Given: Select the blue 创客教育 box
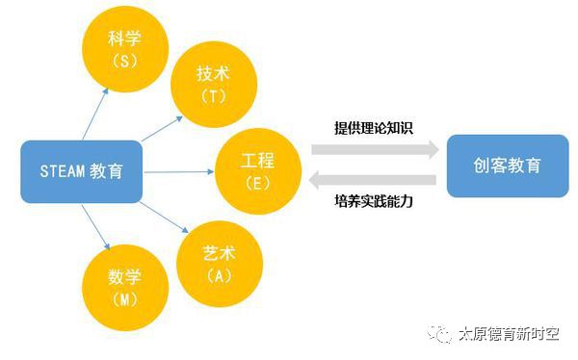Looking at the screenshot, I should [507, 165].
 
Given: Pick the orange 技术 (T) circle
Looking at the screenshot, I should [213, 84].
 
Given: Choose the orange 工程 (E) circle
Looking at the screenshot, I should [257, 170].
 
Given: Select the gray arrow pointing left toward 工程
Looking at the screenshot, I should [374, 179].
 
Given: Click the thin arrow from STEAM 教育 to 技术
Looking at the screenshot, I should [162, 128].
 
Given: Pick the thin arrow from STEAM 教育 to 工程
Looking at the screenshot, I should [179, 171].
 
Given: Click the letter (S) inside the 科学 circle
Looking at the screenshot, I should [126, 59].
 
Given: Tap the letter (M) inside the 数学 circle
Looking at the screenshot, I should [126, 300].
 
